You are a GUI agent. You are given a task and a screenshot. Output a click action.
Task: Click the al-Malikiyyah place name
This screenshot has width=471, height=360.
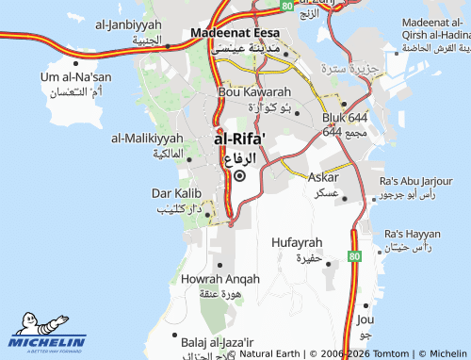[x=148, y=138]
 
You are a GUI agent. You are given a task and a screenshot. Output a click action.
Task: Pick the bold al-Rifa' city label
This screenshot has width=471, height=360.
[x=239, y=139]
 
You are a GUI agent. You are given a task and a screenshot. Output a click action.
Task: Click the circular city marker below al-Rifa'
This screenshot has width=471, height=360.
[x=239, y=175]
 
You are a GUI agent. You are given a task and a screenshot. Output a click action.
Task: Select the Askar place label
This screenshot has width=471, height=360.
[x=324, y=176]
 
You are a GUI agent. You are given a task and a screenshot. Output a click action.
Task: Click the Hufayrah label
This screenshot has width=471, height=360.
[x=297, y=242]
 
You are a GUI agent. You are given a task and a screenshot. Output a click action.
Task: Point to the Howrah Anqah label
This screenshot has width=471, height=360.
[x=219, y=279]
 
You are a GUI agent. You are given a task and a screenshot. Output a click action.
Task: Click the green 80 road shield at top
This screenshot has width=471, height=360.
[x=286, y=5]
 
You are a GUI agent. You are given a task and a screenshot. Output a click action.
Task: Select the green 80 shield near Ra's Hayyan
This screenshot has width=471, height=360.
[x=354, y=255]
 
